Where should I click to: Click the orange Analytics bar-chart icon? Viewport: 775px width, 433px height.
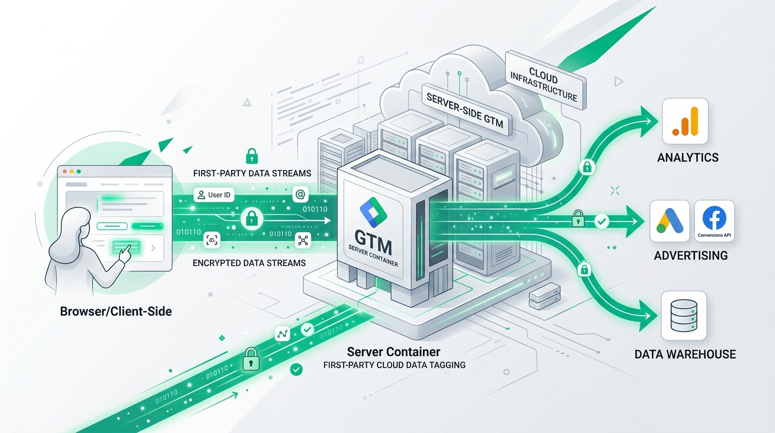685,121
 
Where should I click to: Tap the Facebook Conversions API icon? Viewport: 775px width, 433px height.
714,220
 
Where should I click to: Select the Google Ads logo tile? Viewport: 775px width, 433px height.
670,220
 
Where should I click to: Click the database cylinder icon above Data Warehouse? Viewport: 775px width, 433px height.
684,316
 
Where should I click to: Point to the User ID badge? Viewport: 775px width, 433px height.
214,195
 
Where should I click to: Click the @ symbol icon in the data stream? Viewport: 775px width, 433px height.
300,195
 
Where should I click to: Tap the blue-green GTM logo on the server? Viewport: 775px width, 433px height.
373,213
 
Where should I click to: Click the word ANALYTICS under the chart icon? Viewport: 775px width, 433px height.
688,158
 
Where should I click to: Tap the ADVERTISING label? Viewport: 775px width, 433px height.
691,255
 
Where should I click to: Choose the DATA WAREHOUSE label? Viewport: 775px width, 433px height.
685,355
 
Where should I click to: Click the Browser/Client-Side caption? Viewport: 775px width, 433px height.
116,311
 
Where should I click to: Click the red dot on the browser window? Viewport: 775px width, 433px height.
65,171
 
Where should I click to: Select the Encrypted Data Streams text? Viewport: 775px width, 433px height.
249,263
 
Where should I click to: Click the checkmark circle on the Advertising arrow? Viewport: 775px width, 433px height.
602,221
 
